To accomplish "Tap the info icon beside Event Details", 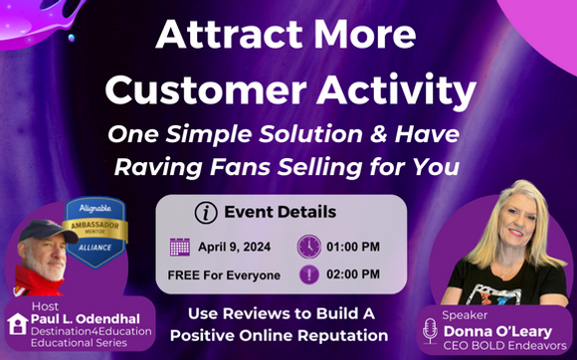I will point(208,212).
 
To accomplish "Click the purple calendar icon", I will point(180,246).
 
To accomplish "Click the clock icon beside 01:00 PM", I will point(309,246).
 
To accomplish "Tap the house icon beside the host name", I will point(18,322).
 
